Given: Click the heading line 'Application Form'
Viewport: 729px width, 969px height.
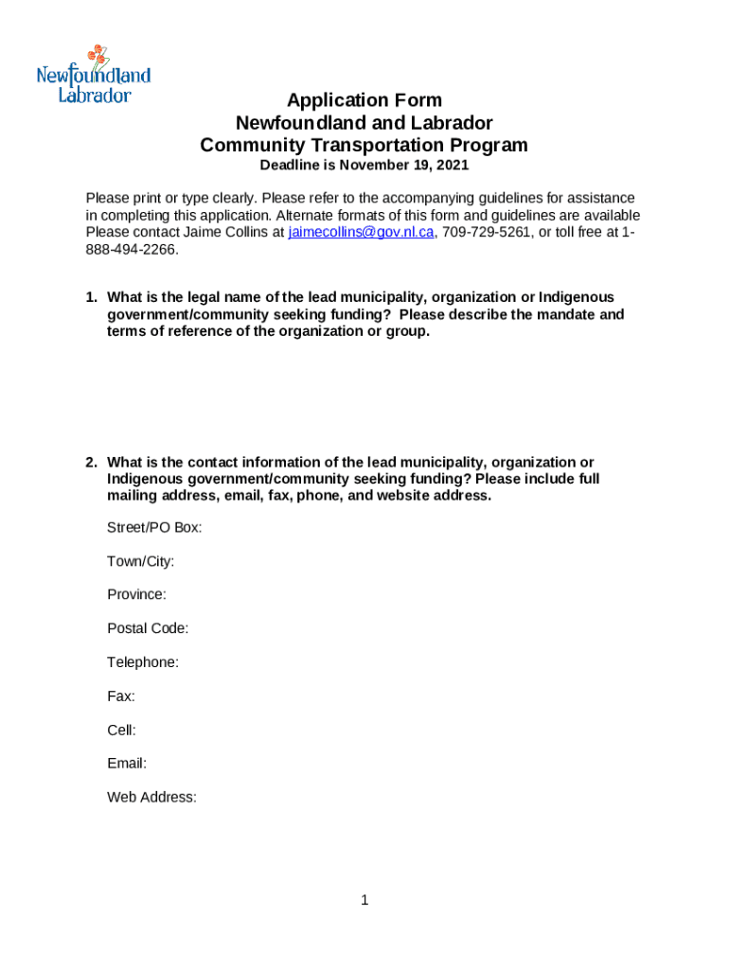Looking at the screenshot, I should pyautogui.click(x=364, y=100).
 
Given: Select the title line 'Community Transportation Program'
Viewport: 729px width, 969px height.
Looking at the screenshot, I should pyautogui.click(x=364, y=146).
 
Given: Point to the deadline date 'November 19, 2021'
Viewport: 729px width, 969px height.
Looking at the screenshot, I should pyautogui.click(x=410, y=166).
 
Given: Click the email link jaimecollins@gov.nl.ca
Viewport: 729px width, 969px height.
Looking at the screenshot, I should pyautogui.click(x=361, y=232).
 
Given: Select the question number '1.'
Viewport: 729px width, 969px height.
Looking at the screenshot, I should pyautogui.click(x=92, y=298).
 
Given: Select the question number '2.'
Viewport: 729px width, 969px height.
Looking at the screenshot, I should pyautogui.click(x=92, y=463).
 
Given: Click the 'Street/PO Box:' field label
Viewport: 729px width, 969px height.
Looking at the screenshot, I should pyautogui.click(x=154, y=527).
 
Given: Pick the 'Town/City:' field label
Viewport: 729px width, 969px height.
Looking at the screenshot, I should pyautogui.click(x=140, y=561).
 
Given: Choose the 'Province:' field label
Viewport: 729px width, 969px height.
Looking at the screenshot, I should pyautogui.click(x=136, y=594).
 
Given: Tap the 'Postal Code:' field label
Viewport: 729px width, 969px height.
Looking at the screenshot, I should pyautogui.click(x=148, y=628).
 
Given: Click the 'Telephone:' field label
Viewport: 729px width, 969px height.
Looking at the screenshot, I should pyautogui.click(x=143, y=662).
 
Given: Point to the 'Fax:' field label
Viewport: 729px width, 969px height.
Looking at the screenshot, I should pyautogui.click(x=121, y=696).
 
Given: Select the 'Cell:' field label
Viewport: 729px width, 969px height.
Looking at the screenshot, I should pyautogui.click(x=121, y=730).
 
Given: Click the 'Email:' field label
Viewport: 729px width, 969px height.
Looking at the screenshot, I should pyautogui.click(x=127, y=764).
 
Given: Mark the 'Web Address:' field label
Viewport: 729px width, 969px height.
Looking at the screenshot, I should pyautogui.click(x=151, y=798).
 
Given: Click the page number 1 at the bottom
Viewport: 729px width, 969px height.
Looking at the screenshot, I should pyautogui.click(x=364, y=900).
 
